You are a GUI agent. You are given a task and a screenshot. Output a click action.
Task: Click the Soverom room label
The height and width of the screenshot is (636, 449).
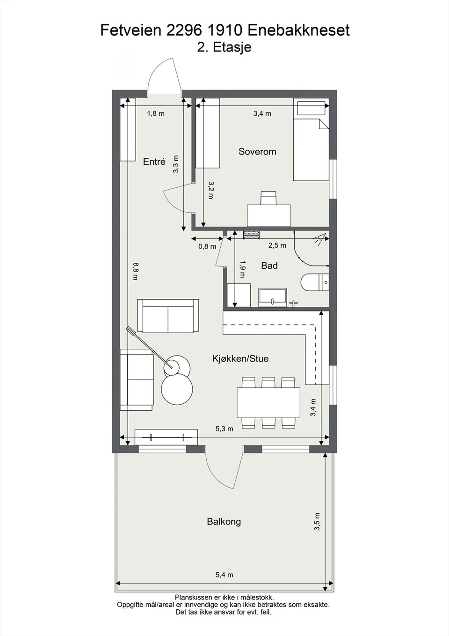(x=257, y=152)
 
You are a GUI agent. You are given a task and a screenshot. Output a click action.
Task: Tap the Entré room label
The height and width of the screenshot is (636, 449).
(x=154, y=162)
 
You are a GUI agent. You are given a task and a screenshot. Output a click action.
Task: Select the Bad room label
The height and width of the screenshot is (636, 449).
(x=269, y=266)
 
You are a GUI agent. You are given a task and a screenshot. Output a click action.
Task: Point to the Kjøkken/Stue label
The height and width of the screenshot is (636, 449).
(x=240, y=358)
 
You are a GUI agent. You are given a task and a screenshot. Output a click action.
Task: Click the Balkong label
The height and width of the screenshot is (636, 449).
(x=224, y=522)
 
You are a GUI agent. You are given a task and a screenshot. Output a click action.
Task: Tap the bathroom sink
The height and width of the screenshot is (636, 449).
(x=272, y=298)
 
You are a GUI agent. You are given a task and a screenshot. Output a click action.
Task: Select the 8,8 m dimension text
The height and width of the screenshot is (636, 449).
(x=136, y=271)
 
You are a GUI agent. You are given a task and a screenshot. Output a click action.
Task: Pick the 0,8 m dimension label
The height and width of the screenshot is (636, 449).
(x=207, y=246)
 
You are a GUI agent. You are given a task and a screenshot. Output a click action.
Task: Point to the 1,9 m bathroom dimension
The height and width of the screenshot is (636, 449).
(x=243, y=269)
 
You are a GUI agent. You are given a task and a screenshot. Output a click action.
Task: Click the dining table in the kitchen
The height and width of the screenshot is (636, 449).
(x=268, y=403)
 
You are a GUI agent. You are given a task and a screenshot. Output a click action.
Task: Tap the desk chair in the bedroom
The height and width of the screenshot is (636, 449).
(x=268, y=198)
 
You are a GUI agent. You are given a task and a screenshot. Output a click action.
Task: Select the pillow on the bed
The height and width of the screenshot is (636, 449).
(x=311, y=108)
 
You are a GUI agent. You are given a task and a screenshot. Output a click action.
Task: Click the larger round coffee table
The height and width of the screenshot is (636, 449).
(x=177, y=389)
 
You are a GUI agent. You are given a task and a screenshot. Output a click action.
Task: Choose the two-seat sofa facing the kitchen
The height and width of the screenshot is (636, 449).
(x=168, y=316)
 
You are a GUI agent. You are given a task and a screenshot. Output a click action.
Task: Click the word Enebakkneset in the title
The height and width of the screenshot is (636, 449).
(x=298, y=30)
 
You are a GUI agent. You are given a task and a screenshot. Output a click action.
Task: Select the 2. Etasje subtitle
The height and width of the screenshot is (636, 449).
(x=224, y=47)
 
